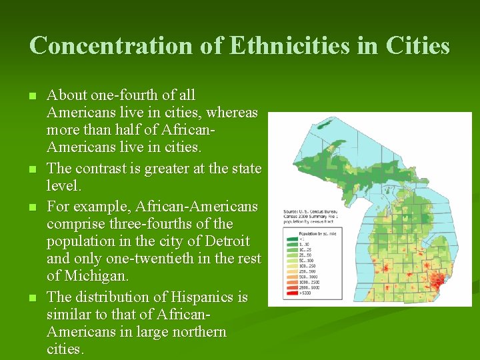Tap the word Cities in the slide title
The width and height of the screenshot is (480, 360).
(417, 46)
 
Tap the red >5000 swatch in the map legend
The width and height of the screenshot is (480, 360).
(290, 293)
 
